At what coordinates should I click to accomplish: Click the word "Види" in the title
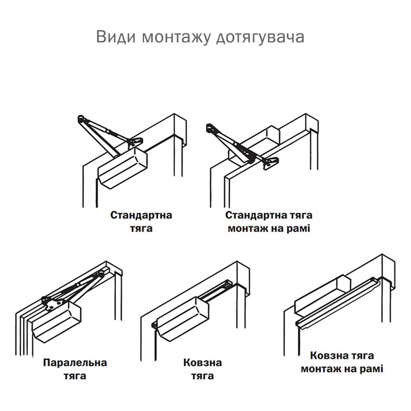[116, 37]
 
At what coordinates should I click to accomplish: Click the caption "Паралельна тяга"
[75, 369]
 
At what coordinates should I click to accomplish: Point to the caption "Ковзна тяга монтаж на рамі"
[342, 362]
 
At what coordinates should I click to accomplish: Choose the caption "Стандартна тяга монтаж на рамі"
[269, 222]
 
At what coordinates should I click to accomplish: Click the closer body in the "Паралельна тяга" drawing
[57, 322]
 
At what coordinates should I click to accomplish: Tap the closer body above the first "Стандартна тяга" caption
[122, 168]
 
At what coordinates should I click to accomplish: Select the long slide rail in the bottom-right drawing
[337, 304]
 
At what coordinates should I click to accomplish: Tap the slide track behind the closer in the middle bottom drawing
[216, 291]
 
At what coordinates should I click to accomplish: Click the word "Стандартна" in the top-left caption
[141, 215]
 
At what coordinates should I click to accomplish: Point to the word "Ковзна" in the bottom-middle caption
[203, 363]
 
